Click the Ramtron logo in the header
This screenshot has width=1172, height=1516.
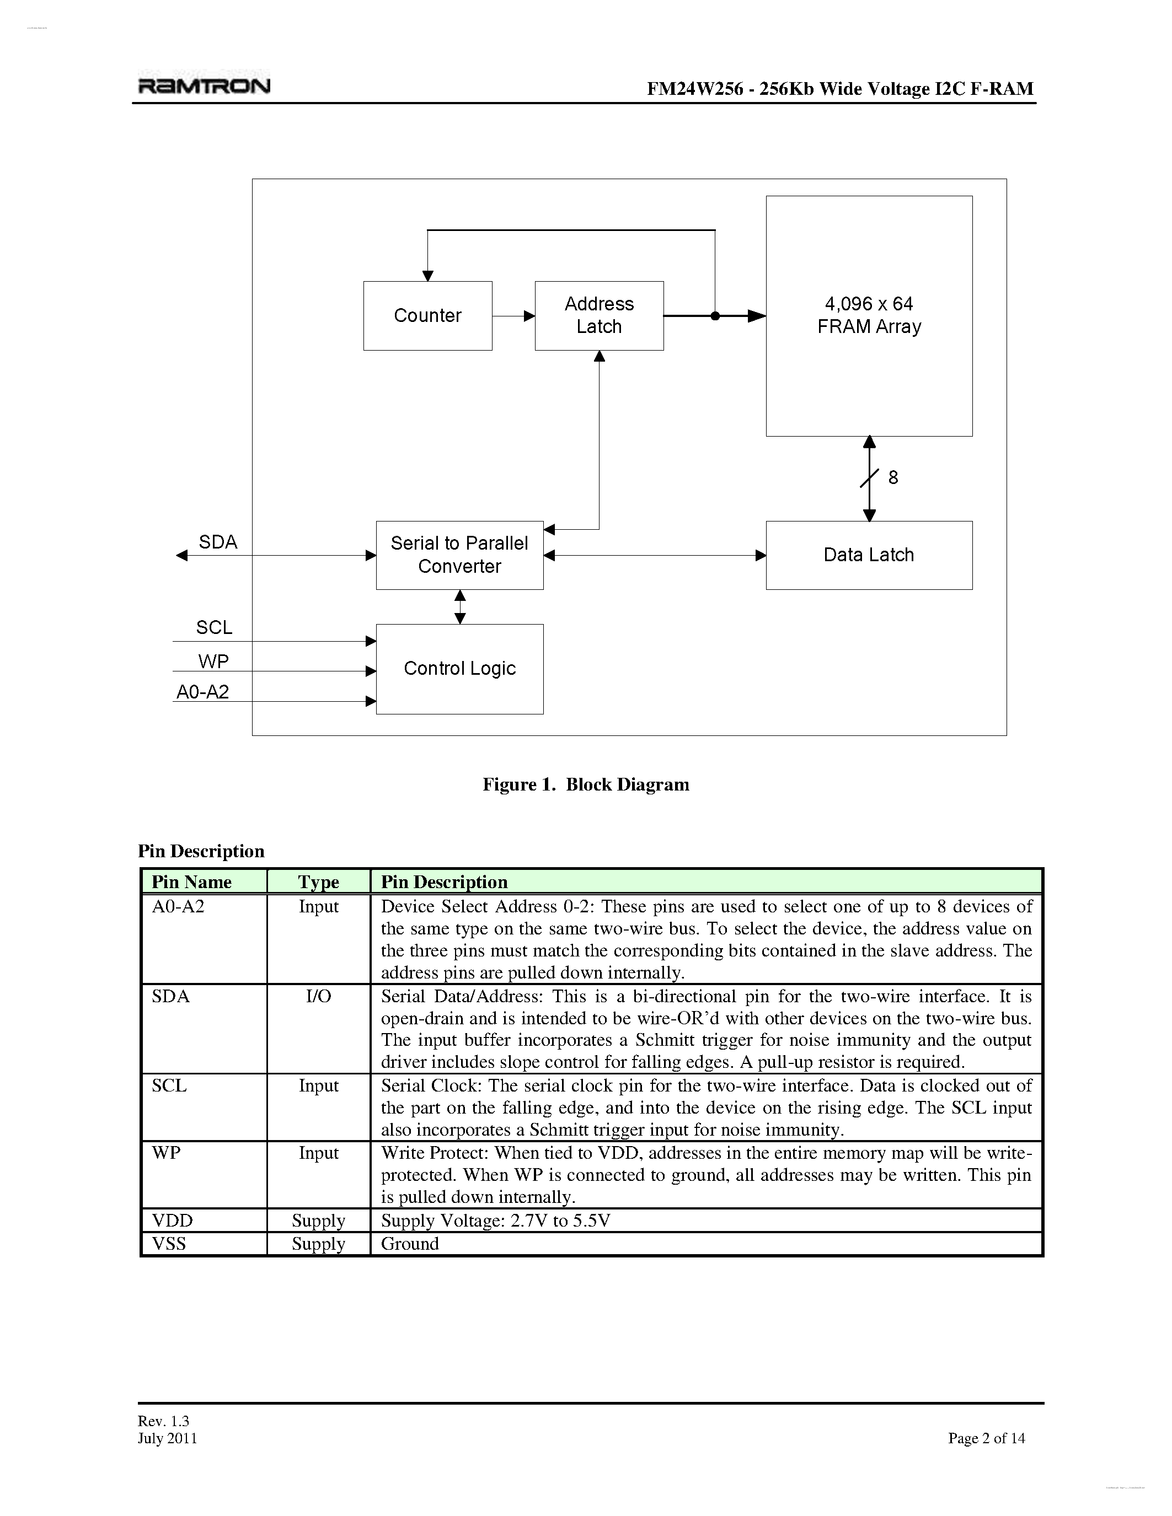(x=204, y=86)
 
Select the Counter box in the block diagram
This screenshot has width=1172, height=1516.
(x=427, y=316)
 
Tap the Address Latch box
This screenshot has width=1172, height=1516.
(x=599, y=316)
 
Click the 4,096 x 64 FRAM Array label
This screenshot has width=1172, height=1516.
(x=869, y=315)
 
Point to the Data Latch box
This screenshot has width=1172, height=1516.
(x=869, y=555)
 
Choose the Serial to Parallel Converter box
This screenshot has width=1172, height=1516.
(x=459, y=555)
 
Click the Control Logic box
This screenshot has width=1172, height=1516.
(x=459, y=669)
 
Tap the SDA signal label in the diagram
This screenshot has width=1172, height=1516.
(x=218, y=542)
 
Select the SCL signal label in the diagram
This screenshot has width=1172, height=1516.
(x=214, y=627)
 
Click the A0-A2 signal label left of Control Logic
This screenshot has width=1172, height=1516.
(x=203, y=692)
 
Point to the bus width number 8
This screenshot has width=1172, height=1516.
(x=893, y=477)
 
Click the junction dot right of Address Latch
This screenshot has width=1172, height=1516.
(x=715, y=316)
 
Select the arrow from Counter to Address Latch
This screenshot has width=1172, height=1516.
(x=514, y=316)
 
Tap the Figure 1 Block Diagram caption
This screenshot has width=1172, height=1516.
(x=586, y=784)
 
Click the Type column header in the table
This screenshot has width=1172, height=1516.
(x=319, y=881)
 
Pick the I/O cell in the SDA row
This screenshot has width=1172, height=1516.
(x=319, y=997)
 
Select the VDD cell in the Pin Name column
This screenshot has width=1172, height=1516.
(x=172, y=1221)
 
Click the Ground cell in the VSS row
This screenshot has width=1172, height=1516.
(x=410, y=1244)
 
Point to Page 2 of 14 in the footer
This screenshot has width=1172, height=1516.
(x=986, y=1438)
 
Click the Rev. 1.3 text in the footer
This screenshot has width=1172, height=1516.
(x=164, y=1421)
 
